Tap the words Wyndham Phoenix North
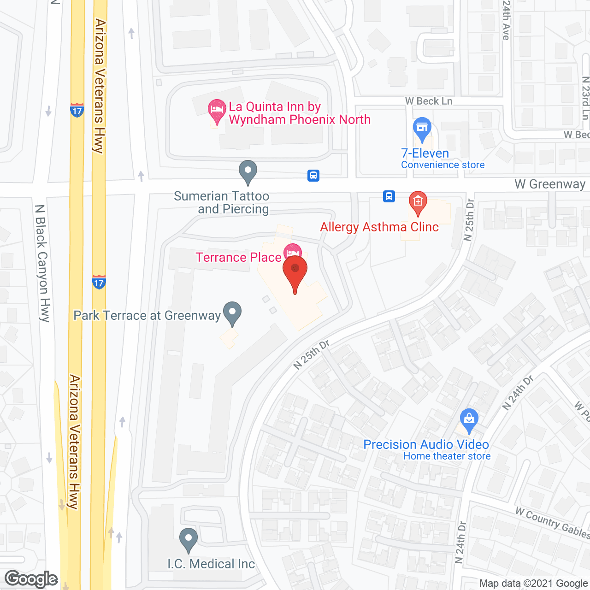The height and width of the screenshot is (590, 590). coord(300,120)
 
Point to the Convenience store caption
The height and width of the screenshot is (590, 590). coord(442,165)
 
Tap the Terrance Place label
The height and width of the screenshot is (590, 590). coord(238,257)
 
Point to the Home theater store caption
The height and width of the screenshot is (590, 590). coord(447,456)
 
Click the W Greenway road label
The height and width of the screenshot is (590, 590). coord(549,184)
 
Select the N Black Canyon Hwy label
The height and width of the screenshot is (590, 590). coord(42,263)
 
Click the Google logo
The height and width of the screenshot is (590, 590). coord(31,579)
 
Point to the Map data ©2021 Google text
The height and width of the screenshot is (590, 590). coord(533,584)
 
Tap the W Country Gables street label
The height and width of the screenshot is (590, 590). coord(552,523)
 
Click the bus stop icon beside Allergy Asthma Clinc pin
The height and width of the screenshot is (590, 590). coord(389,196)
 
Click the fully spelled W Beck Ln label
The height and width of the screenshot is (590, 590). coord(429,101)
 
